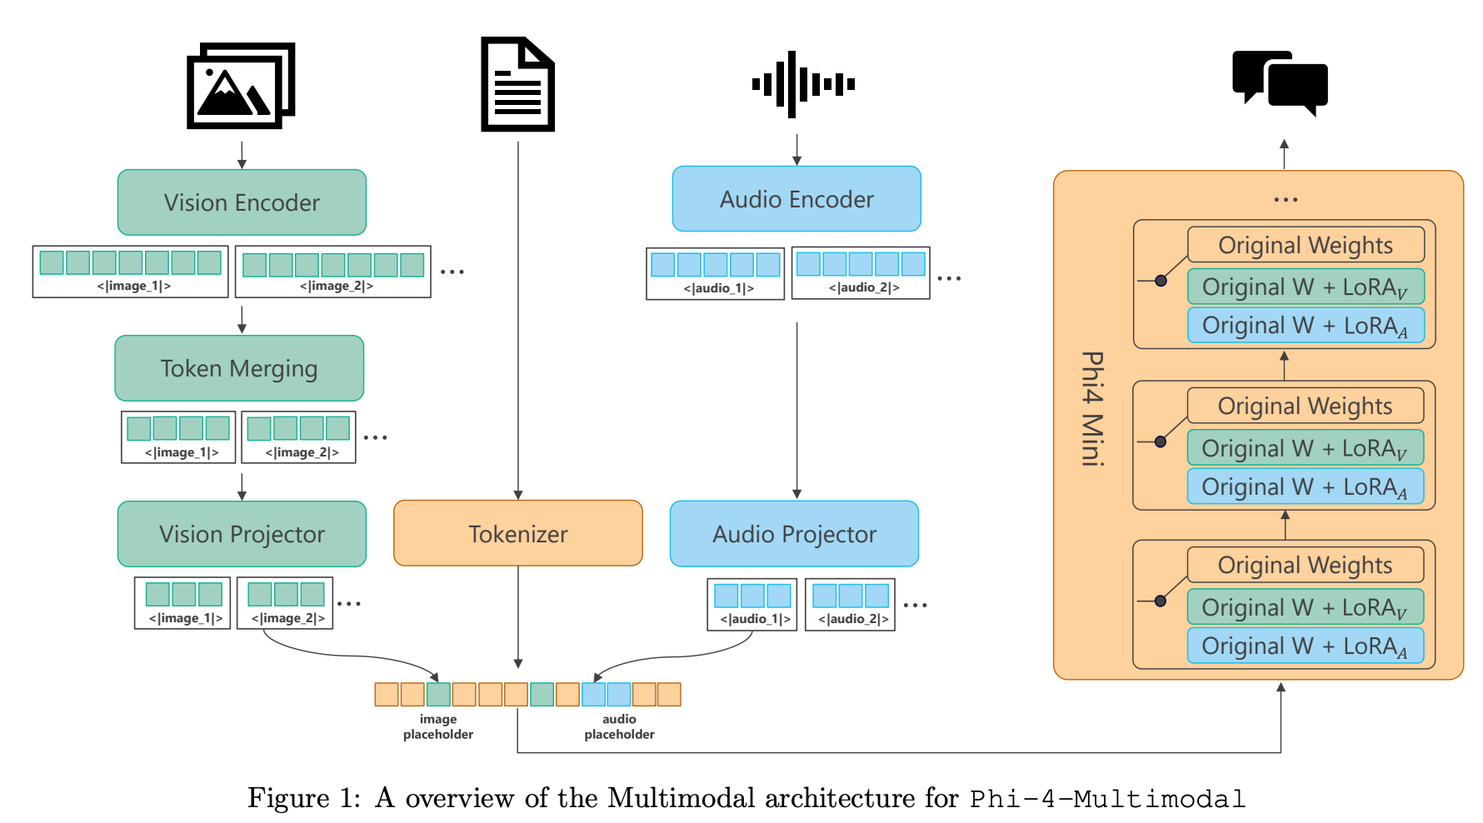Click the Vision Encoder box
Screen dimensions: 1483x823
click(242, 202)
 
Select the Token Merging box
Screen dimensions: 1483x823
click(239, 368)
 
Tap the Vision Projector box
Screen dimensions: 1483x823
click(242, 534)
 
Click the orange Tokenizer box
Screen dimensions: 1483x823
click(518, 533)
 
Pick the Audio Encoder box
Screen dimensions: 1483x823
click(796, 199)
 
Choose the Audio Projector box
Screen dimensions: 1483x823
click(794, 534)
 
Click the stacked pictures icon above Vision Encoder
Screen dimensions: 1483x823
click(241, 86)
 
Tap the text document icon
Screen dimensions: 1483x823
click(517, 84)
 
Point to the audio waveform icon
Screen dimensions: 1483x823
click(803, 84)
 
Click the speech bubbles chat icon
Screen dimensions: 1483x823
click(1280, 83)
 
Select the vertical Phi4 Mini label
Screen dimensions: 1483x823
click(1092, 408)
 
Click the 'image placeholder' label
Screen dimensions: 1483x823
click(438, 726)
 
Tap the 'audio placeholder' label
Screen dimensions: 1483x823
click(619, 726)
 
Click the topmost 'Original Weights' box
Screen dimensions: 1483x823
click(1306, 245)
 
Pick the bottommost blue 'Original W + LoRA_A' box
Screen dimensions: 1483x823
click(1306, 646)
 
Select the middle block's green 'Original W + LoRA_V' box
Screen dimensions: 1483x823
click(1306, 448)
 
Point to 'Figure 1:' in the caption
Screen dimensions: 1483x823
click(304, 798)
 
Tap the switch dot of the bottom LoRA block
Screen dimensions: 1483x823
click(1161, 601)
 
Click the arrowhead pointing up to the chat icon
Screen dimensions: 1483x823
click(1284, 144)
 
